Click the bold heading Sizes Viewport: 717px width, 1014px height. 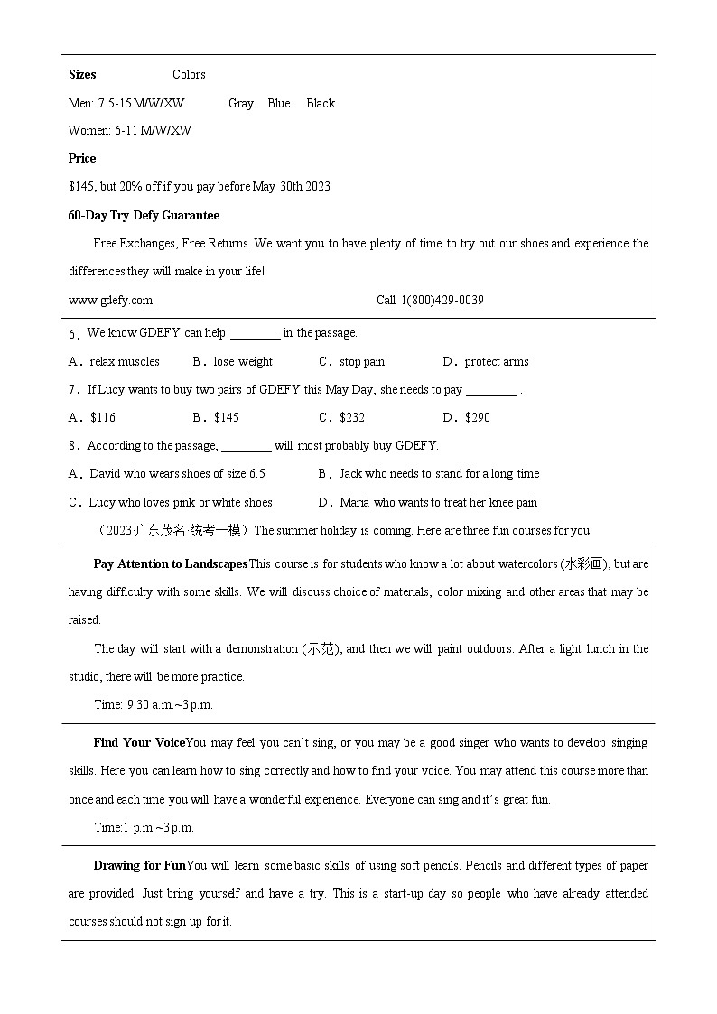coord(82,75)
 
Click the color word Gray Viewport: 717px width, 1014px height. coord(241,104)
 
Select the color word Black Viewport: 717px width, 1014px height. coord(321,104)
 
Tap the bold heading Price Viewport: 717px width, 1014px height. coord(82,159)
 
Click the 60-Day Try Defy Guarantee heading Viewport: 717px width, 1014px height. coord(144,216)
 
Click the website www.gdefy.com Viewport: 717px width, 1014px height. coord(110,301)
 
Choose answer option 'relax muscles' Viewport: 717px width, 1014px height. coord(125,362)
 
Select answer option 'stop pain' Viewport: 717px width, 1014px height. coord(361,362)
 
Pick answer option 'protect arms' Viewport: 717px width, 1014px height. coord(496,362)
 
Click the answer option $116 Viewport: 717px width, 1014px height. coord(103,418)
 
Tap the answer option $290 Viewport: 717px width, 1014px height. coord(477,418)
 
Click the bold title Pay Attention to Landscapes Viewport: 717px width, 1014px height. coord(170,564)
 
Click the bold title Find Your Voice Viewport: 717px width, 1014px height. coord(139,743)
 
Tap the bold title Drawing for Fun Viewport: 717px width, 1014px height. coord(139,866)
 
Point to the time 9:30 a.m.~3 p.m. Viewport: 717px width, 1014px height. coord(154,705)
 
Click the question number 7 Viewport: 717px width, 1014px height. coord(72,390)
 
